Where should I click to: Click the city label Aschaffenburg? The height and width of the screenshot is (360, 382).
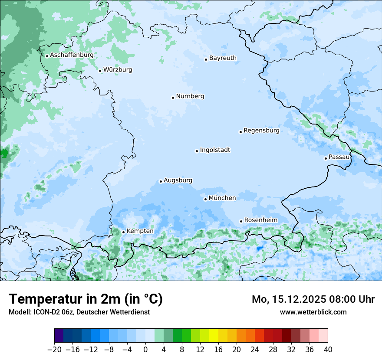point(72,55)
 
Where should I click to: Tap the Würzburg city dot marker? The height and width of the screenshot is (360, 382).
point(100,71)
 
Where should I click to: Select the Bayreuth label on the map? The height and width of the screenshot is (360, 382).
point(223,58)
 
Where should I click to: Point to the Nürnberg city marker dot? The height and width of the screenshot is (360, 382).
point(173,98)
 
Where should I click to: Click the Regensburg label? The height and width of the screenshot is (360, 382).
point(261,131)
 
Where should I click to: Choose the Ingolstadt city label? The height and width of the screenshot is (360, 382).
point(215,150)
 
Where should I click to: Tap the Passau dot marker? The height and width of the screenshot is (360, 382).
point(326,158)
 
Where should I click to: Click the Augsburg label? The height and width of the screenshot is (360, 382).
point(178,180)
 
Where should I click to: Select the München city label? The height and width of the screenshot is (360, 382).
point(222,198)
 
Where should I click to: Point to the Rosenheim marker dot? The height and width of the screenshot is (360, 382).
point(241,222)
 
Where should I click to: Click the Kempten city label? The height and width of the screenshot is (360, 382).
point(140,231)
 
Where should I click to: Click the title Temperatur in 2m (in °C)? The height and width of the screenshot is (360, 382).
point(86,299)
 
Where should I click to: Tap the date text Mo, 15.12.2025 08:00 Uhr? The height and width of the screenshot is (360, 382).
point(313,299)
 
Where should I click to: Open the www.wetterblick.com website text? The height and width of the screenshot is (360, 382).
point(313,312)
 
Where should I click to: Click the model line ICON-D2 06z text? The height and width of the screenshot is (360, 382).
point(79,312)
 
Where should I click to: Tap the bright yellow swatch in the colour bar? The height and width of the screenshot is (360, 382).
point(214,336)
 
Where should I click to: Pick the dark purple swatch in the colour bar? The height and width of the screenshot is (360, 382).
point(59,336)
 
